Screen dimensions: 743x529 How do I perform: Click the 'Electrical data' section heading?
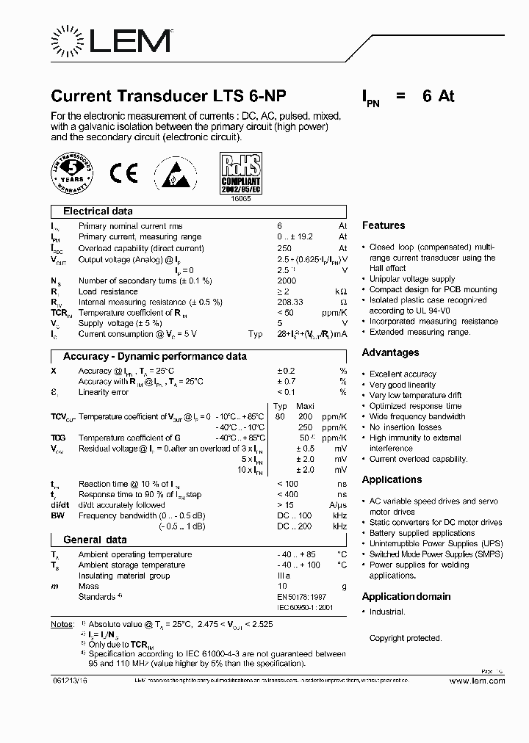coord(98,211)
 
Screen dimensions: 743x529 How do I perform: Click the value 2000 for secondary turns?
coord(287,280)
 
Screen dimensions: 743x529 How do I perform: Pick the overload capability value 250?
coord(284,248)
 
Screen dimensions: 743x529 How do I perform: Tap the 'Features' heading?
coord(383,225)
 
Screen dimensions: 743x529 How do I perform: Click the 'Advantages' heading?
coord(389,352)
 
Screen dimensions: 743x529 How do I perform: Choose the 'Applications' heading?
coord(392,479)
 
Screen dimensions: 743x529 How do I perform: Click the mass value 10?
coord(281,587)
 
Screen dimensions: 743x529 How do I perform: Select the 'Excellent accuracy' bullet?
coord(403,374)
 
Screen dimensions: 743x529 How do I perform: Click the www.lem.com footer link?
coord(477,681)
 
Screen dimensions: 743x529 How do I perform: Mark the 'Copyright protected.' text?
coord(405,638)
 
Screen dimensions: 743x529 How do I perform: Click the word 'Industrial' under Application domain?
coord(387,612)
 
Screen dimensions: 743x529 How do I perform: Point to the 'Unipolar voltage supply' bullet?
coord(412,279)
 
